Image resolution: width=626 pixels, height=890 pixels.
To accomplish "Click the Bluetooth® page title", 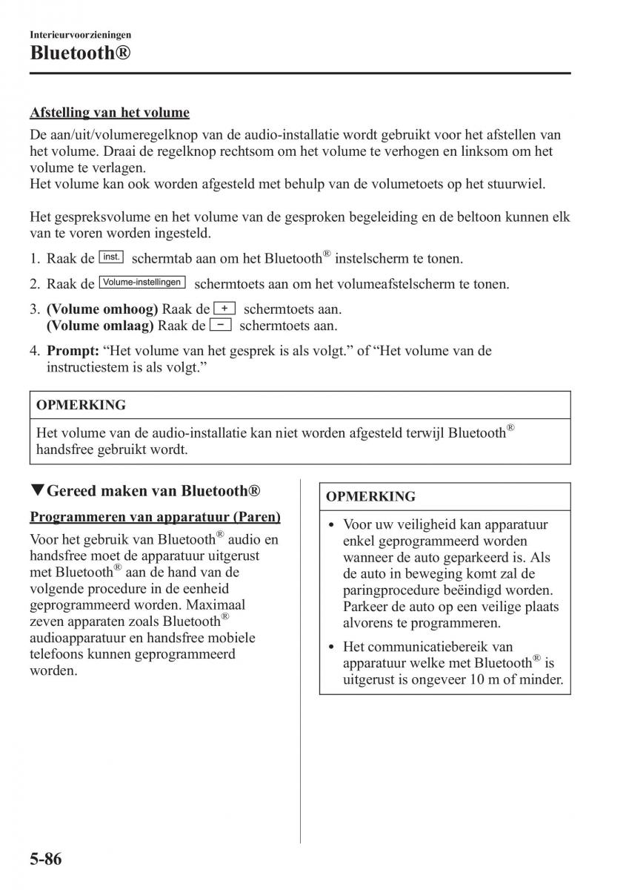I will pos(81,53).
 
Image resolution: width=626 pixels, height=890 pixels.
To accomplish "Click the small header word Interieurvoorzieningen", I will pos(81,34).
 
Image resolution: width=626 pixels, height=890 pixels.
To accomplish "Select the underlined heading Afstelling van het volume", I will pos(110,113).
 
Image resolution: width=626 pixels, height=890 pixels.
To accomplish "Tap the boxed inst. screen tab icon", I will pos(111,257).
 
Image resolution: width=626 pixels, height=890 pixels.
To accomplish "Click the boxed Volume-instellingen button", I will pos(142,283).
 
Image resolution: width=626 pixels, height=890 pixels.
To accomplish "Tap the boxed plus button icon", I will pos(224,308).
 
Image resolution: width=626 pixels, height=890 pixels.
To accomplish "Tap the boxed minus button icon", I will pos(221,325).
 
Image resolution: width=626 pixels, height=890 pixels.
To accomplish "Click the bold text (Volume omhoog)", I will pos(102,309).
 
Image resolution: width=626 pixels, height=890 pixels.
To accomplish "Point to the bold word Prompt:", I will pos(73,351).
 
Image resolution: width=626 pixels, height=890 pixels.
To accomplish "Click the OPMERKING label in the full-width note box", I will pos(81,405).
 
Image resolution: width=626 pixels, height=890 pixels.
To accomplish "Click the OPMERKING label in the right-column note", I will pos(371,496).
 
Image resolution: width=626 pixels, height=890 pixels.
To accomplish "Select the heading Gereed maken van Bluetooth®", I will pos(153,490).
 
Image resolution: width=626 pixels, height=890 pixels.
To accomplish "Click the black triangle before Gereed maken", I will pos(37,490).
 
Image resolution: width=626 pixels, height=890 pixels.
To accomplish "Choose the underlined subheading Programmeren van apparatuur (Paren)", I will pos(155,516).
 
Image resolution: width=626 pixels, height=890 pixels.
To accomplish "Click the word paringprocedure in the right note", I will pos(387,590).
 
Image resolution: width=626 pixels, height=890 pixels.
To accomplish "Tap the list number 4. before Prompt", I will pos(35,351).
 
